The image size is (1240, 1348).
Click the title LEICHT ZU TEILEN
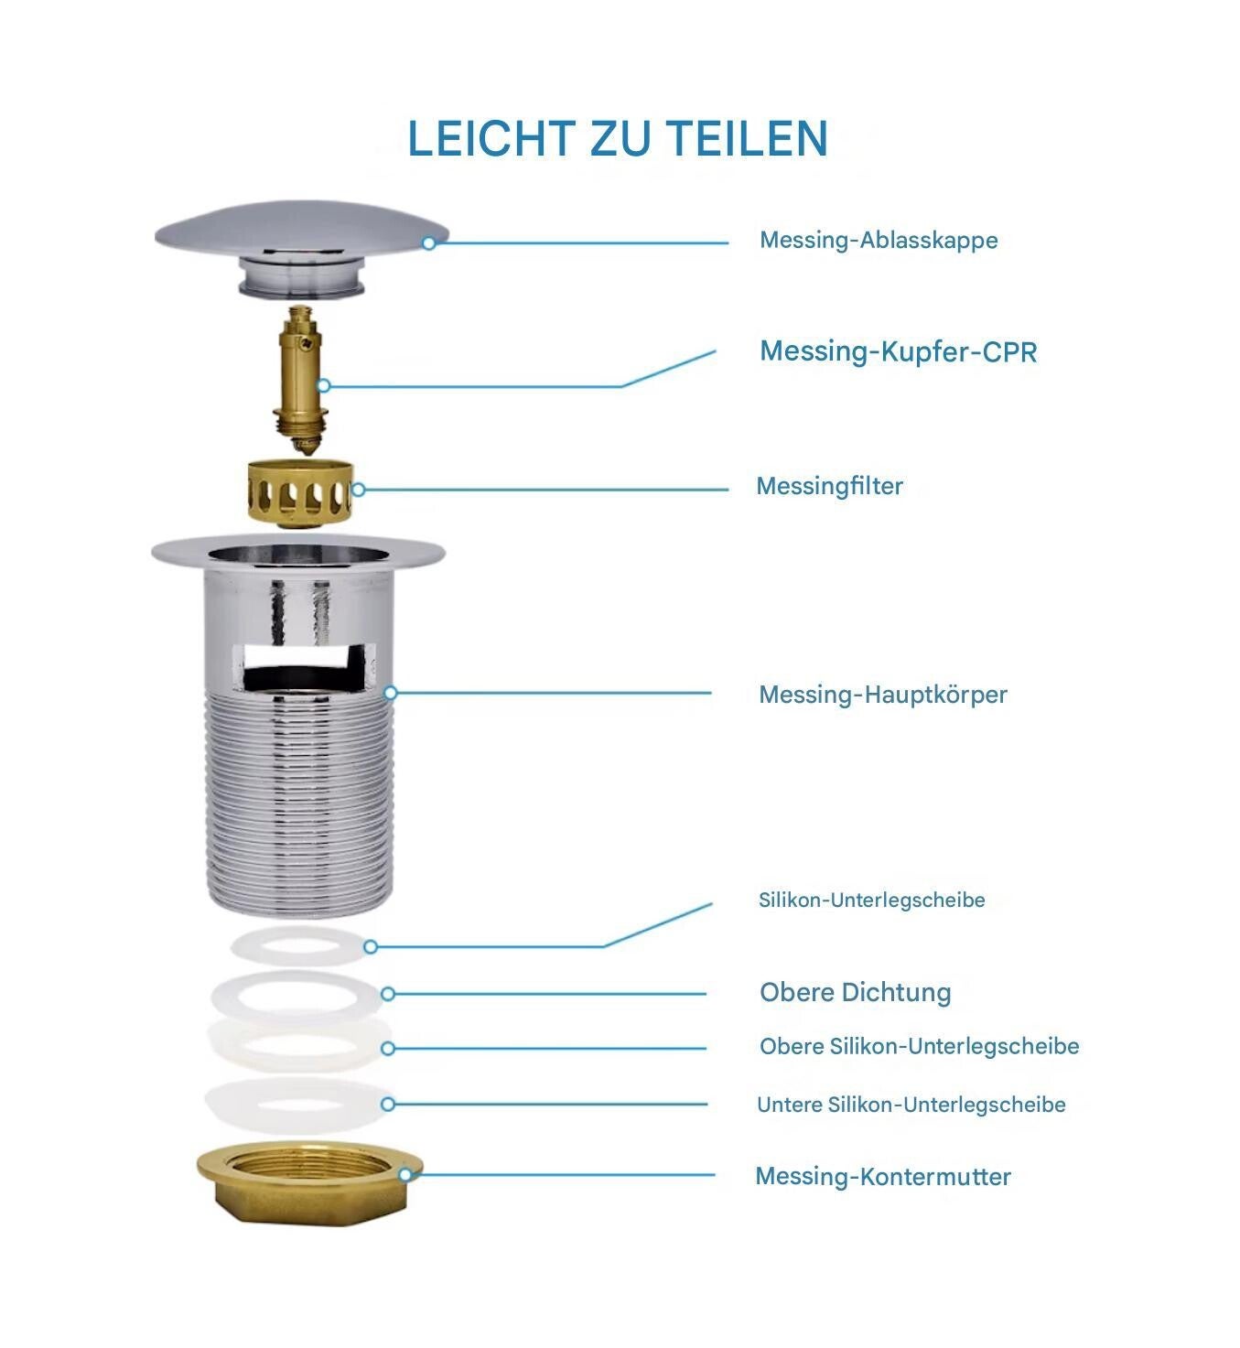618,139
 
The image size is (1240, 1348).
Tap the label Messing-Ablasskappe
879,240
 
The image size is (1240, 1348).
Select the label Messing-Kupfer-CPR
898,351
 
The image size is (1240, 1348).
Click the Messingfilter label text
829,486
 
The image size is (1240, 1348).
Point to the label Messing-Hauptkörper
883,695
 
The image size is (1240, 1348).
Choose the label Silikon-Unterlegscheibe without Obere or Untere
872,900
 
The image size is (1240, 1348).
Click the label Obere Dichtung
856,993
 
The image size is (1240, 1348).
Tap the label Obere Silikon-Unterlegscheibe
920,1046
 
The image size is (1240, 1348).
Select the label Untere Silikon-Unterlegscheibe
911,1105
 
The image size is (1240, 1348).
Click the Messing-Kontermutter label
883,1177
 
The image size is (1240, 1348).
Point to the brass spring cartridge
301,381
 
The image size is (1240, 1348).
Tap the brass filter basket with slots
300,494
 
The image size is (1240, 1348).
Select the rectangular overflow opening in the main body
305,667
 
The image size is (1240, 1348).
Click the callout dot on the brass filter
358,490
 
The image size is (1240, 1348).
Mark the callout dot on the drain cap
429,243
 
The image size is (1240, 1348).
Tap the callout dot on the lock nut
404,1175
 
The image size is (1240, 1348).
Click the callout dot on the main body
390,693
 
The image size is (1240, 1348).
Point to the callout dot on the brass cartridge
323,385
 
